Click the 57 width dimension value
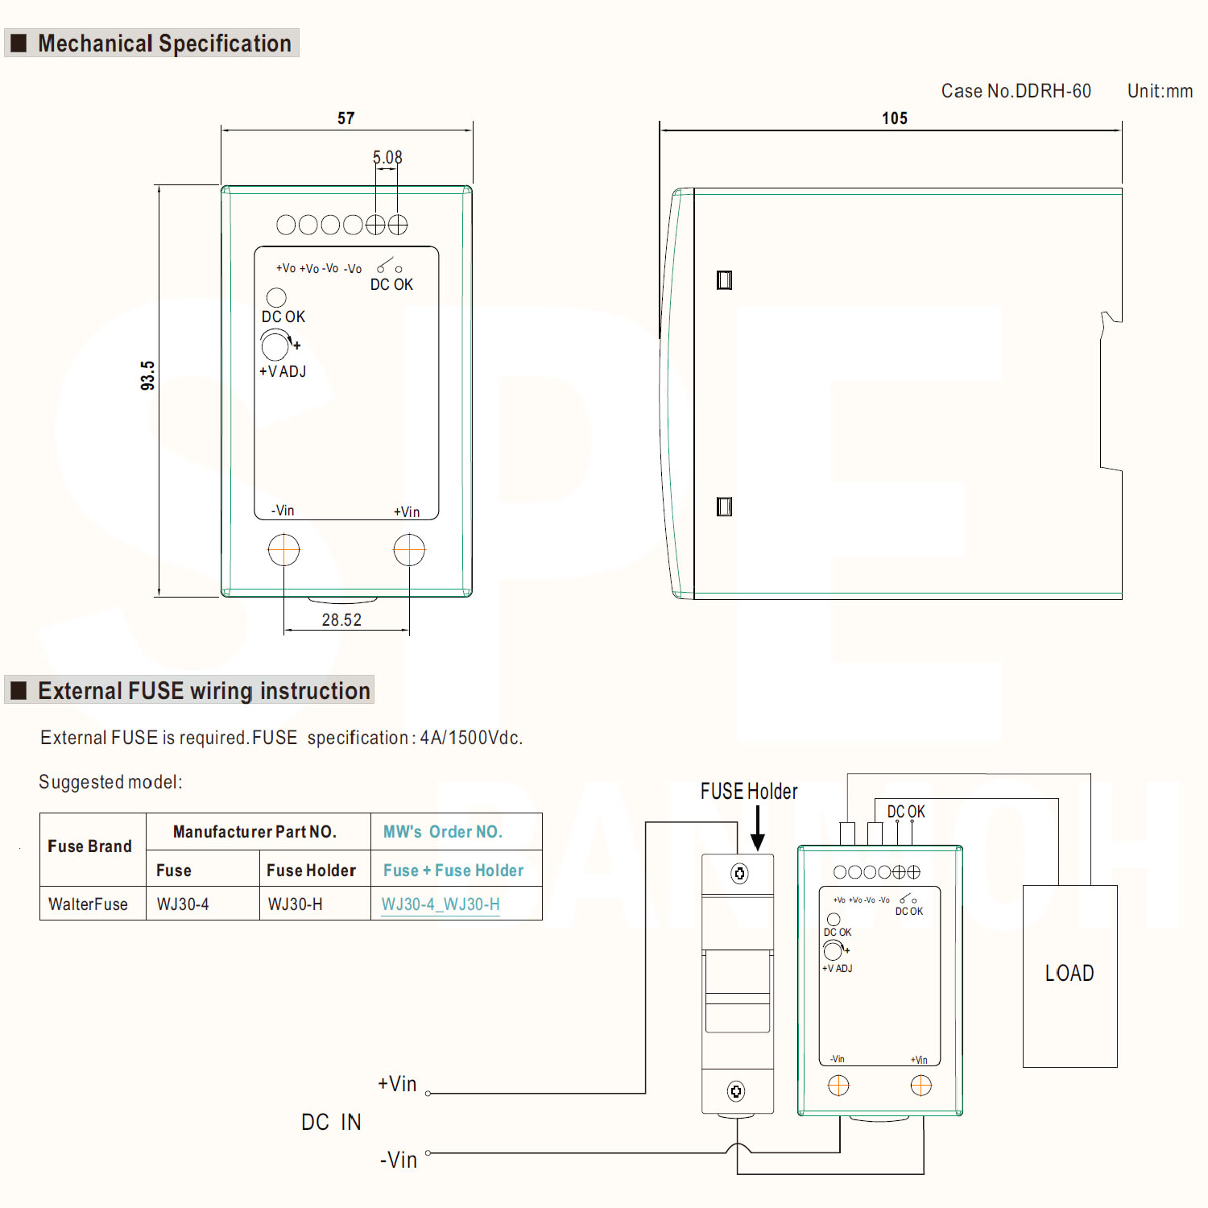coord(345,118)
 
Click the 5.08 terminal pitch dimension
coord(387,157)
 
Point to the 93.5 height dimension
coord(147,375)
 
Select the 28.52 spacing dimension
coord(341,620)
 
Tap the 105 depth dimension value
coord(894,118)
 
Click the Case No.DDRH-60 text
coord(1016,91)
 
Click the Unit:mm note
coord(1160,91)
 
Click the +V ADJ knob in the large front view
coord(275,345)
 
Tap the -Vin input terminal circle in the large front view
coord(283,550)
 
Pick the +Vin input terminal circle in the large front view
coord(409,550)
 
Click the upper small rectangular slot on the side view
coord(724,279)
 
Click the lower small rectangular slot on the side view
coord(724,507)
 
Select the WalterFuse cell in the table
coord(89,904)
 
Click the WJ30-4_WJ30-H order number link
coord(441,904)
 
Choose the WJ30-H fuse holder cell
coord(296,904)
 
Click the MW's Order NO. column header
coord(443,832)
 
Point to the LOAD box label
coord(1069,974)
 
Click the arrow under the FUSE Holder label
coord(757,829)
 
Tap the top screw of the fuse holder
coord(738,874)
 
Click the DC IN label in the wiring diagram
coord(331,1122)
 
